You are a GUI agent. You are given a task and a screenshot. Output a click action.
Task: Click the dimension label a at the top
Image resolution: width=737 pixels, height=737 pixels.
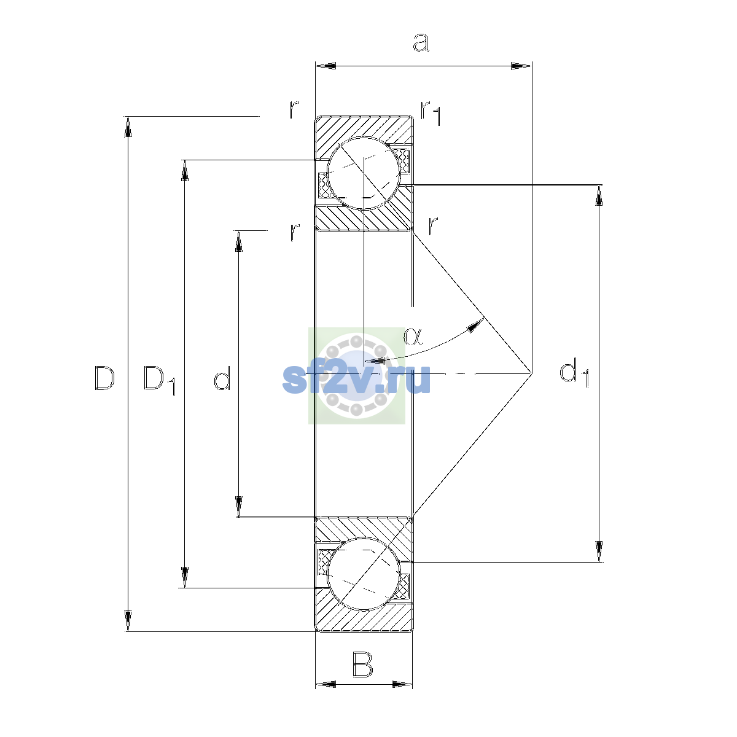point(421,42)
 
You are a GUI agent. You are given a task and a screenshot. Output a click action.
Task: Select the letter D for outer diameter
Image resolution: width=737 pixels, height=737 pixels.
point(104,378)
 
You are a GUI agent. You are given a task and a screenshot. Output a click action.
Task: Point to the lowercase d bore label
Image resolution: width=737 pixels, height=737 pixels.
point(222,378)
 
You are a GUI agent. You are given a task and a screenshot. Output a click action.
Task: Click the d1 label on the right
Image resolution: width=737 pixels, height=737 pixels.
point(574,372)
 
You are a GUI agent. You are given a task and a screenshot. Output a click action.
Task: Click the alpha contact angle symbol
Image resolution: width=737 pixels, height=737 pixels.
point(413,337)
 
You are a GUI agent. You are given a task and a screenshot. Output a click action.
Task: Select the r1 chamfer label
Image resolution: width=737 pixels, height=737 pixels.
point(431,113)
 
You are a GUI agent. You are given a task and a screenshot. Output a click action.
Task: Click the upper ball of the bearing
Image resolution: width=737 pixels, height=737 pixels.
point(364,173)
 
